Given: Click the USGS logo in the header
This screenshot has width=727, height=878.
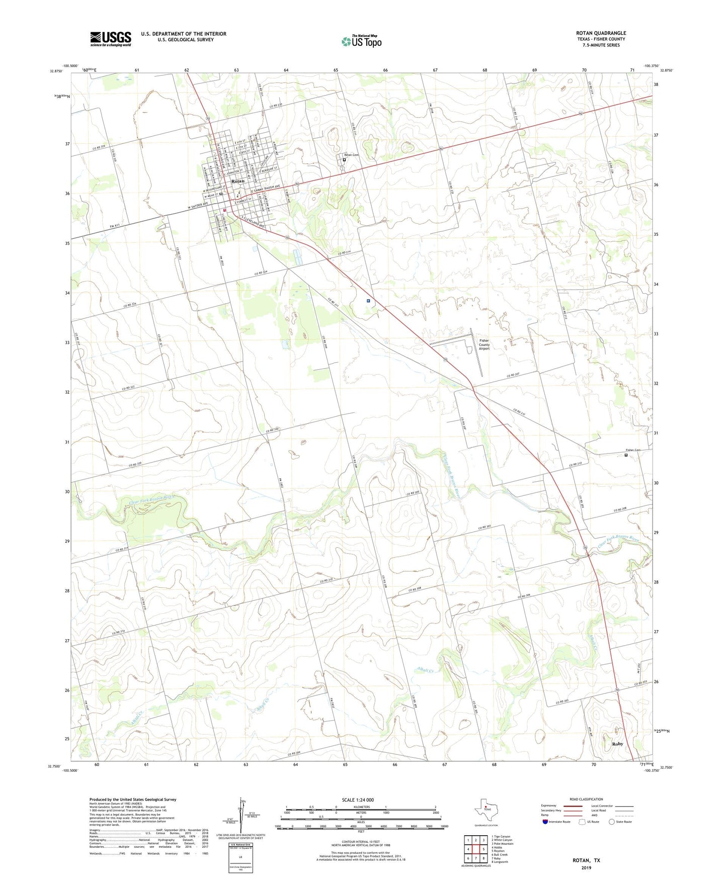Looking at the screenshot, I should tap(111, 38).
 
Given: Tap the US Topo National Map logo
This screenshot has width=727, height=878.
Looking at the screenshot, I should tap(361, 41).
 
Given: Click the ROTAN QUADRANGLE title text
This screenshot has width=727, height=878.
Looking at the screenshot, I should tap(601, 33).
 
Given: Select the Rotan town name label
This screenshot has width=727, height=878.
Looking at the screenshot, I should tap(237, 181).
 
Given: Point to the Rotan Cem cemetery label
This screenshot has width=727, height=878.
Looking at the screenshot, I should tap(351, 155).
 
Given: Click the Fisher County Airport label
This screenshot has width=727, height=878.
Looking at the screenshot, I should tap(484, 344).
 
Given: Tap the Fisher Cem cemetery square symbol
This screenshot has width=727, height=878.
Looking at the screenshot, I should tap(626, 456).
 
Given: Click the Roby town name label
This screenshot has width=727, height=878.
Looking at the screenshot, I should tap(617, 744).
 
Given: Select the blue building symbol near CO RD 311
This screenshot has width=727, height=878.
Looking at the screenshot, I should tap(368, 301).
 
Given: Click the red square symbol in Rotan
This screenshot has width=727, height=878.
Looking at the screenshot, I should tap(225, 211).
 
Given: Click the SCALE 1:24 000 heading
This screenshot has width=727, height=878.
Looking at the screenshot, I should tap(358, 800).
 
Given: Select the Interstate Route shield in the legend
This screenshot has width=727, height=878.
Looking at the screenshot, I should tap(546, 822).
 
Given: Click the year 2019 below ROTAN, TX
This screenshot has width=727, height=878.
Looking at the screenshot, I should tap(586, 868).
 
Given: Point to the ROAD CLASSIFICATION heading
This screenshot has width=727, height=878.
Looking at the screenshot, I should tap(586, 799).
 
